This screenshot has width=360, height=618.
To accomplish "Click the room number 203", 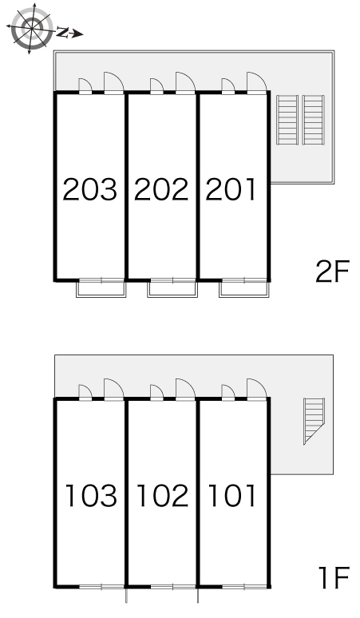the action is pyautogui.click(x=90, y=189).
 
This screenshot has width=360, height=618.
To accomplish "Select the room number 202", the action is pyautogui.click(x=161, y=189).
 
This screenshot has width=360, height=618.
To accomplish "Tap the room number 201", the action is pyautogui.click(x=231, y=189).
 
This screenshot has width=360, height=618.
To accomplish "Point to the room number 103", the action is pyautogui.click(x=91, y=495).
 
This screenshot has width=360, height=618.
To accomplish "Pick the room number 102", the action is pyautogui.click(x=162, y=495).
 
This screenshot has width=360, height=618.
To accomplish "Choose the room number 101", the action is pyautogui.click(x=231, y=495).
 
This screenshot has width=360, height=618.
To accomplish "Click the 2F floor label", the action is pyautogui.click(x=332, y=271).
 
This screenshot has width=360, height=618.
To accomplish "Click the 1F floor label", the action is pyautogui.click(x=334, y=577).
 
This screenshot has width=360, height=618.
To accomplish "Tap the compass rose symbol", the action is pyautogui.click(x=31, y=28).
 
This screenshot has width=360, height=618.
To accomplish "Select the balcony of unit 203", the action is pyautogui.click(x=101, y=288).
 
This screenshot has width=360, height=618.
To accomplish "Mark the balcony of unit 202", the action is pyautogui.click(x=172, y=288).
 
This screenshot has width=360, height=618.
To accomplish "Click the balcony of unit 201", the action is pyautogui.click(x=244, y=288).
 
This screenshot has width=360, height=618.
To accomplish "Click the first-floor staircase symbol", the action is pyautogui.click(x=314, y=419).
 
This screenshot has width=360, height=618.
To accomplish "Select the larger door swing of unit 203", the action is pyautogui.click(x=114, y=83).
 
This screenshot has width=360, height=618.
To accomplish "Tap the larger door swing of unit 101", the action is pyautogui.click(x=257, y=390).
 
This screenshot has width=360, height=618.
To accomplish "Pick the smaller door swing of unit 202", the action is pyautogui.click(x=156, y=86).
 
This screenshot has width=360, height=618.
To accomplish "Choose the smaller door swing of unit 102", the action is pyautogui.click(x=156, y=393).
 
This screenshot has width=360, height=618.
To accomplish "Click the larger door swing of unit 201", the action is pyautogui.click(x=257, y=83).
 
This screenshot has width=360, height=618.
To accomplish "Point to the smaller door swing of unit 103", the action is pyautogui.click(x=85, y=393).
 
